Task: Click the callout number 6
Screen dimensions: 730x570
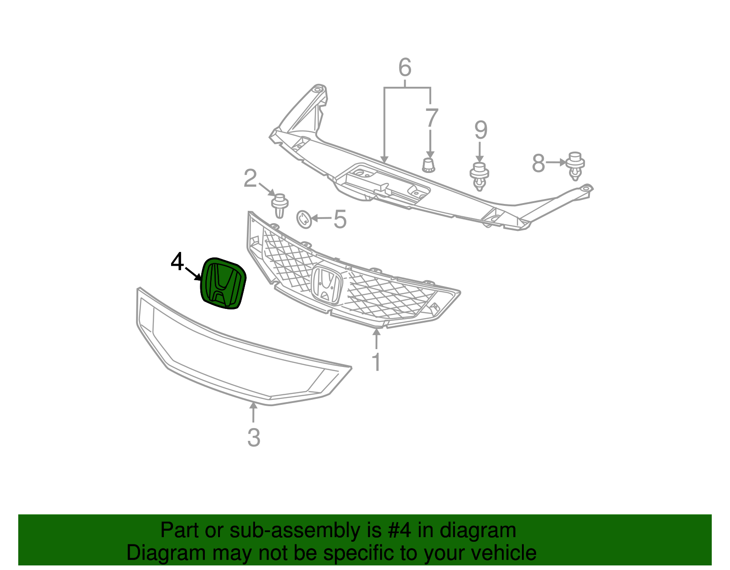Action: (405, 68)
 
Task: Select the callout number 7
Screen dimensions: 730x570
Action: (431, 118)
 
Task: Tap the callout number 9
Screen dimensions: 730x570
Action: (480, 130)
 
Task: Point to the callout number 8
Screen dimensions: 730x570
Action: (538, 163)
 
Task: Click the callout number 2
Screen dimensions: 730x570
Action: (250, 178)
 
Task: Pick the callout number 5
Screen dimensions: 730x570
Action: (340, 220)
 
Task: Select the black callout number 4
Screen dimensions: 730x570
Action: (177, 262)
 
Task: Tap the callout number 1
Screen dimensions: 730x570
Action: (376, 362)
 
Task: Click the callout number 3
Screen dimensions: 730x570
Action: (254, 438)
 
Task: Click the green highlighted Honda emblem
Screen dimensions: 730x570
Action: (223, 284)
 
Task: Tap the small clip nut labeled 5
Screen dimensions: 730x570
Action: (304, 219)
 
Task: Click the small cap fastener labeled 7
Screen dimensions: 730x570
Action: (428, 165)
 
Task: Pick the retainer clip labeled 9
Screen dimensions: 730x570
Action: (479, 176)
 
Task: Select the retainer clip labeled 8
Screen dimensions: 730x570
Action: (575, 165)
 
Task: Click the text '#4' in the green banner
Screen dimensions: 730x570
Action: (400, 531)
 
